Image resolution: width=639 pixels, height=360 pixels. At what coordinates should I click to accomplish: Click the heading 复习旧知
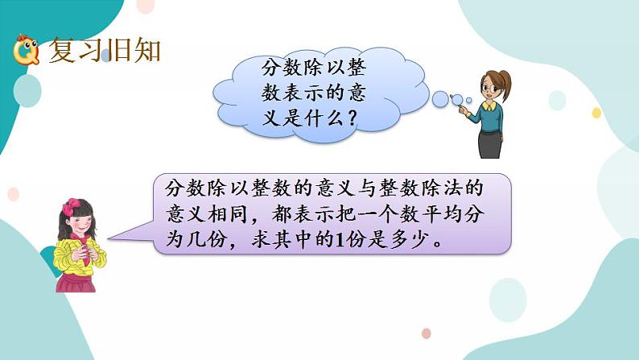pos(105,50)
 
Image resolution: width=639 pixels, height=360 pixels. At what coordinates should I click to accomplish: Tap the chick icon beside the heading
pos(26,52)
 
